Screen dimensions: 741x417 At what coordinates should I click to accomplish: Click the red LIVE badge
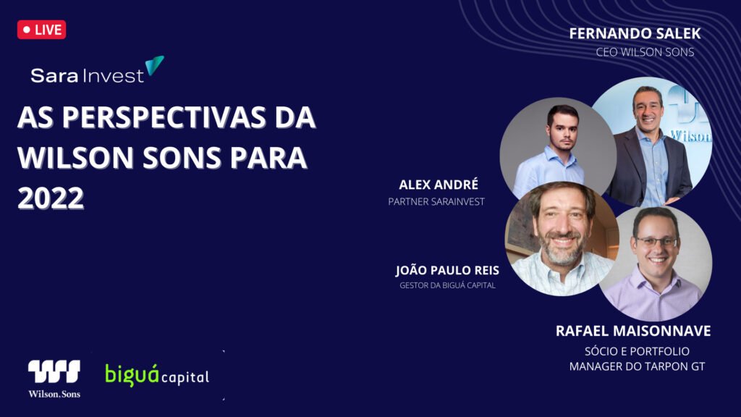(41, 30)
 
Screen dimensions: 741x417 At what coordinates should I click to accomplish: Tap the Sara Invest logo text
(88, 75)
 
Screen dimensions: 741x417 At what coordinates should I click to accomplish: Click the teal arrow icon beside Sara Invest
(154, 65)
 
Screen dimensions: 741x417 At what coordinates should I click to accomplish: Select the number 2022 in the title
(51, 198)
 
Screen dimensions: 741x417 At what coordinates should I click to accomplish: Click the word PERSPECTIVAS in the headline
(164, 117)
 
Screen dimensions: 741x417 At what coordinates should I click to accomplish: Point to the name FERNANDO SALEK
(635, 33)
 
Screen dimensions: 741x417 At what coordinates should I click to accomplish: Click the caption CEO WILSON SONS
(645, 52)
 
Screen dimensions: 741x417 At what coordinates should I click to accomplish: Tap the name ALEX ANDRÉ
(439, 185)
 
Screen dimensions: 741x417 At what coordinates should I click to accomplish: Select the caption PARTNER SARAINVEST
(436, 202)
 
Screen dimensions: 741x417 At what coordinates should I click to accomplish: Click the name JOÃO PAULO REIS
(447, 270)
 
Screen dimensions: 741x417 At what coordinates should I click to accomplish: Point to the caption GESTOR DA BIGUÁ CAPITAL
(447, 285)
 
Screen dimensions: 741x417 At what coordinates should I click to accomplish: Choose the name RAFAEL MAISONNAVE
(633, 331)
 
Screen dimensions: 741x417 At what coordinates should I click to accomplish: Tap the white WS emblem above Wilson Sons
(54, 371)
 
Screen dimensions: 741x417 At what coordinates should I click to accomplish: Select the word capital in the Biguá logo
(185, 377)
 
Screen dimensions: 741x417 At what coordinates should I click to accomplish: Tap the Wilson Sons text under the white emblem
(54, 394)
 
